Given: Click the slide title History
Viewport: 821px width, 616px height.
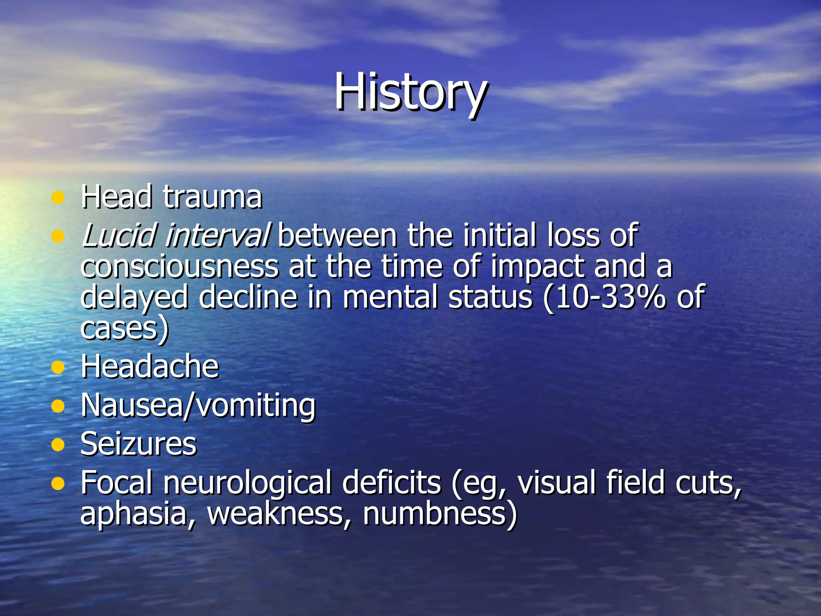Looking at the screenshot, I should click(410, 92).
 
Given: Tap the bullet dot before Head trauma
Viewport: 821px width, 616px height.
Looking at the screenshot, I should click(58, 197).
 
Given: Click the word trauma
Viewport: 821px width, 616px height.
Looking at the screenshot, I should click(212, 197).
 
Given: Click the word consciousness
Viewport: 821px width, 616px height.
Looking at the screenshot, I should click(179, 267).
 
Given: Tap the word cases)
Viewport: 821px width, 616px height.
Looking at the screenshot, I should click(125, 329).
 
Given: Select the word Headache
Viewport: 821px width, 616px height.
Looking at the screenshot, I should click(150, 367).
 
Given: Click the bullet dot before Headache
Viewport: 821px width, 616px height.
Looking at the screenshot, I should click(58, 367).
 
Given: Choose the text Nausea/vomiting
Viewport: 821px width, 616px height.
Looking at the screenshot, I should click(198, 405).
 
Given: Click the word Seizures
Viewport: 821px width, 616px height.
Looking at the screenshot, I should click(138, 444).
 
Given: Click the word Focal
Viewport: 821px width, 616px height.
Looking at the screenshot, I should click(117, 482).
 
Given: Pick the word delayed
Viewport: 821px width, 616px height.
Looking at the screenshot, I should click(134, 298).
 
